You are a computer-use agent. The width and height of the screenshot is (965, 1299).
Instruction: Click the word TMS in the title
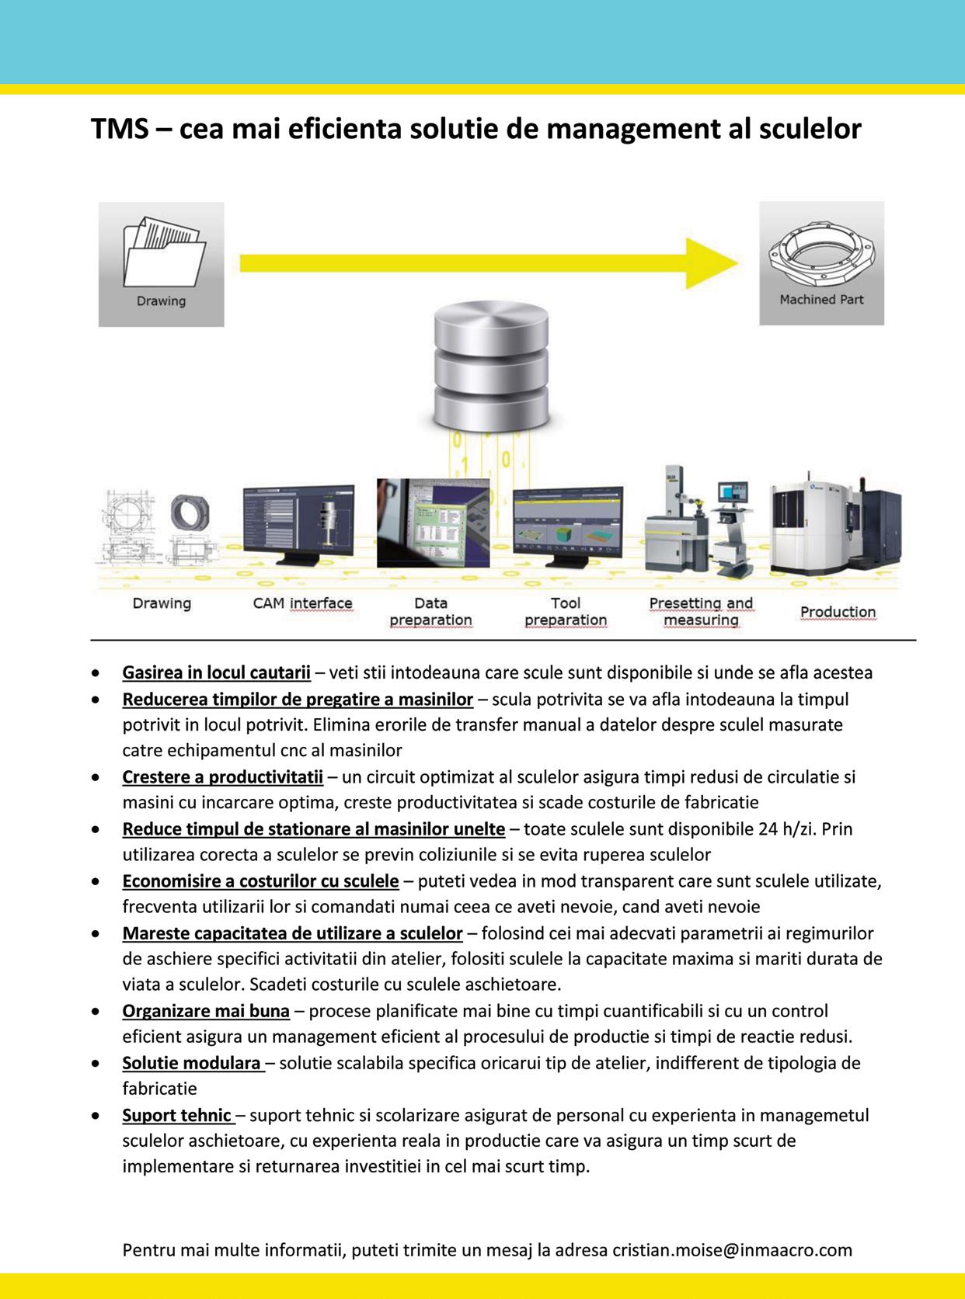click(120, 129)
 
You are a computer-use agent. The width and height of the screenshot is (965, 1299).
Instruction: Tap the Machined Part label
click(821, 300)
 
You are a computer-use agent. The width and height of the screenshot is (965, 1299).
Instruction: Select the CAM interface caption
click(302, 603)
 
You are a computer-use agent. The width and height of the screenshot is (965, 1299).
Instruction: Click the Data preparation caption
click(430, 611)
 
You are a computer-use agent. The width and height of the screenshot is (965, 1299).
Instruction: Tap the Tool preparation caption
click(566, 611)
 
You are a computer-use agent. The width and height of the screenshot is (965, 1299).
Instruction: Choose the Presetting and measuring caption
click(701, 611)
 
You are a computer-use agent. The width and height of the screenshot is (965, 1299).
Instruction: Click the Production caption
click(838, 612)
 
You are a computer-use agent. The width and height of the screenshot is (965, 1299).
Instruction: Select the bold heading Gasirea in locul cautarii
click(216, 672)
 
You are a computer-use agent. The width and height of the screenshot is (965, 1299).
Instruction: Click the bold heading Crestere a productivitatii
click(222, 776)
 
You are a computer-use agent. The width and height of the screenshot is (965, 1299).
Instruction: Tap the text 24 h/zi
click(786, 829)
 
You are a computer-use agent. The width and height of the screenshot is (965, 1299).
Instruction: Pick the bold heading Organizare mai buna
click(206, 1011)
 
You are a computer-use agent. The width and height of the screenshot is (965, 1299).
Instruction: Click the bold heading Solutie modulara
click(192, 1063)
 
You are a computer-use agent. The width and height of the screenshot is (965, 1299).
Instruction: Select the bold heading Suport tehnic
click(177, 1116)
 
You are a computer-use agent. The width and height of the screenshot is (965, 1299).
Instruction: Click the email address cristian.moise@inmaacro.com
click(732, 1251)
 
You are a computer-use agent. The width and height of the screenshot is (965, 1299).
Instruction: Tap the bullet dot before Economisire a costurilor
click(95, 882)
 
